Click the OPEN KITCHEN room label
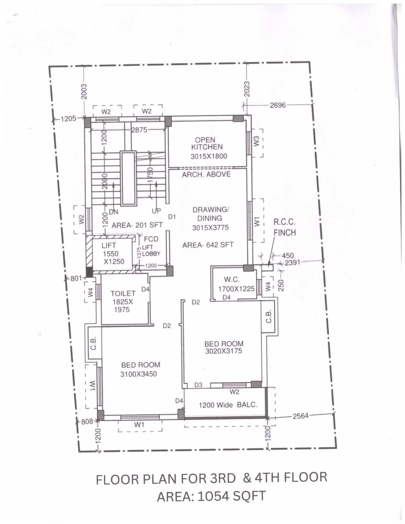point(207,143)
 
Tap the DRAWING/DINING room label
point(210,214)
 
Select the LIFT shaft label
point(109,245)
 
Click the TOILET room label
point(123,293)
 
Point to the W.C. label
point(232,279)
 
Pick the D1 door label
point(172,217)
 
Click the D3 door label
point(198,385)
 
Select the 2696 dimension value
point(278,105)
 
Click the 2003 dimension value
point(84,92)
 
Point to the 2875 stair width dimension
point(139,130)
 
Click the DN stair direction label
point(114,212)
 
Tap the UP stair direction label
point(156,211)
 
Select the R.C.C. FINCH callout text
point(284,227)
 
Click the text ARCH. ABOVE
point(206,174)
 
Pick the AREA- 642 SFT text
point(208,245)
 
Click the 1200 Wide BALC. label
point(228,405)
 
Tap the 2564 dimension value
point(300,416)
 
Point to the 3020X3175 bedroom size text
point(224,351)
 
